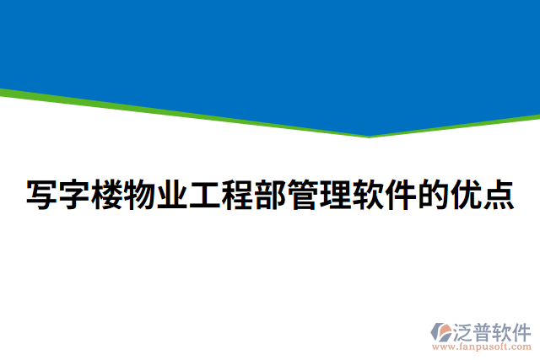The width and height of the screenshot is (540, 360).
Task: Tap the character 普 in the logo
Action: pyautogui.click(x=482, y=330)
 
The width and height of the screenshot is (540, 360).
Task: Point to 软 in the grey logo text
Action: pyautogui.click(x=501, y=330)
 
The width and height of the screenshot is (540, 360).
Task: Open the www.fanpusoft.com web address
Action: pyautogui.click(x=481, y=346)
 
